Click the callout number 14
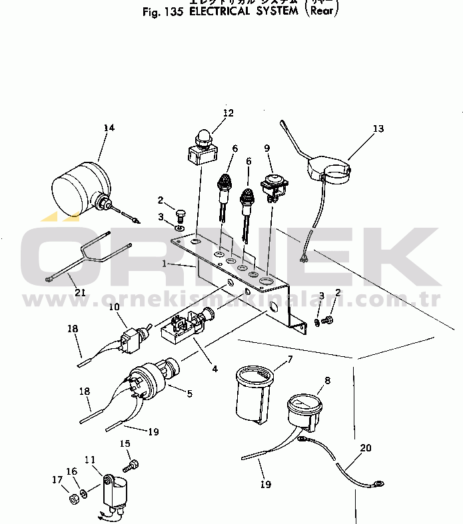point(109,127)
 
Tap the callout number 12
point(229,113)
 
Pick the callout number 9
point(267,148)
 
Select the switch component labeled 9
point(272,185)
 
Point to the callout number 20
point(365,447)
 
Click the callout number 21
point(81,292)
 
